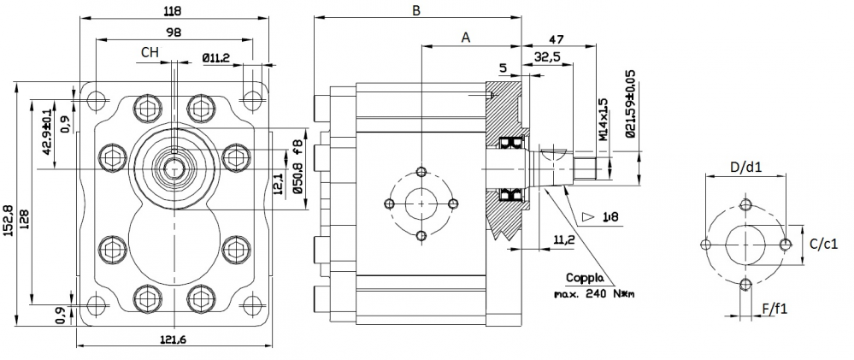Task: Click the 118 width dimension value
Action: (x=175, y=11)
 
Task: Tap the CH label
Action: (x=150, y=53)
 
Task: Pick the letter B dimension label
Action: (x=416, y=11)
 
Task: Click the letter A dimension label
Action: (x=466, y=38)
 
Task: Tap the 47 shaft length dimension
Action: (x=556, y=39)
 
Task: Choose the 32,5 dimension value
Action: (x=547, y=57)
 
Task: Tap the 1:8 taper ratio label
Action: (x=610, y=218)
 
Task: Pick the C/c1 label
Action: (x=822, y=243)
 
